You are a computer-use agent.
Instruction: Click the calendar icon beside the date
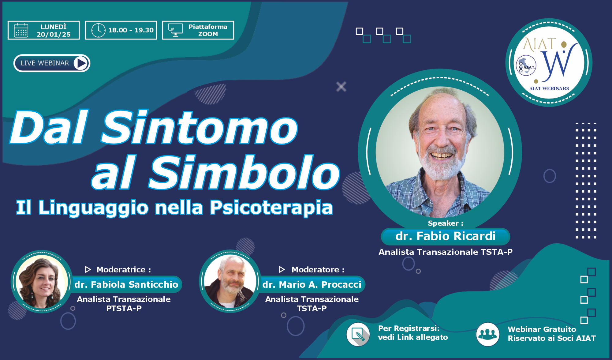(21, 30)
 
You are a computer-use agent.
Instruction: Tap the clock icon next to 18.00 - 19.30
(98, 30)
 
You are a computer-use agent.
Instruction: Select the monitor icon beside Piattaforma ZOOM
(175, 30)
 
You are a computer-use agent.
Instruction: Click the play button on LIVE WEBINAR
(81, 63)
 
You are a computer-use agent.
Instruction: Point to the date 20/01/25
(54, 34)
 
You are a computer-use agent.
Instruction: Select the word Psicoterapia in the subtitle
(271, 208)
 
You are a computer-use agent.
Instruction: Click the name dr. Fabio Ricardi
(445, 236)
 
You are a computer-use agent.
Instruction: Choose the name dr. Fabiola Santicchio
(126, 284)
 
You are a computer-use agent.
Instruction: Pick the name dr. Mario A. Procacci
(312, 284)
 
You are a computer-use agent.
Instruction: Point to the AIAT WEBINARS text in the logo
(549, 88)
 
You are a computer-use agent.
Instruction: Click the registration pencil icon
(358, 334)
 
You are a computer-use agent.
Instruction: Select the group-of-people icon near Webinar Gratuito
(487, 334)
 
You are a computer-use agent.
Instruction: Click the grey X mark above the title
(341, 87)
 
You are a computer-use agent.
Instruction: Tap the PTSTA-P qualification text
(124, 308)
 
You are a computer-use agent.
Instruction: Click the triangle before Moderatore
(282, 269)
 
